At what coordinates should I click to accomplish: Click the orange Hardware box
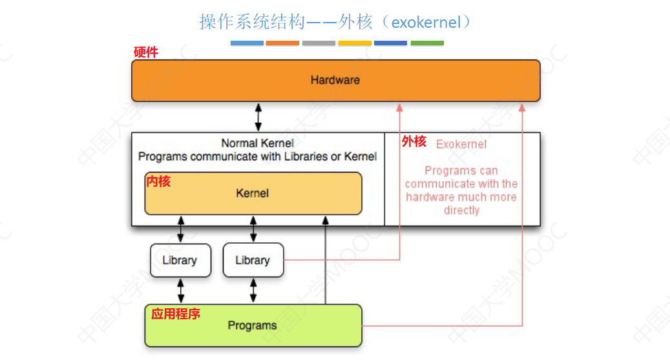pos(335,81)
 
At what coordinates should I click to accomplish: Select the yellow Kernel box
pos(253,193)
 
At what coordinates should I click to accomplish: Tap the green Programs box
pos(253,325)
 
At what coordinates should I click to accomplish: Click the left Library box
pos(180,260)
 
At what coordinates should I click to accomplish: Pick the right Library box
pos(253,260)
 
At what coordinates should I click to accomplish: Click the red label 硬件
pos(145,52)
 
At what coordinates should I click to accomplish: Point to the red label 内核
pos(158,182)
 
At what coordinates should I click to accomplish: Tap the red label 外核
pos(414,142)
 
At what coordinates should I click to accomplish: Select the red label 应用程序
pos(176,314)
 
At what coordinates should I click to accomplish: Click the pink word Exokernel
pos(461,144)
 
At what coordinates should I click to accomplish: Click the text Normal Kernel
pos(257,143)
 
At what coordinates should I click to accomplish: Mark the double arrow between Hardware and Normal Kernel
pos(258,117)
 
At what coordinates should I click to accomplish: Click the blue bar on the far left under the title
pos(247,43)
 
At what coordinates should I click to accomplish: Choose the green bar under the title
pos(427,43)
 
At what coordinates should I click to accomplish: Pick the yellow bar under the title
pos(355,43)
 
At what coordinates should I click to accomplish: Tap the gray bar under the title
pos(319,43)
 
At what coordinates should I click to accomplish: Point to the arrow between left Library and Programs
pos(180,290)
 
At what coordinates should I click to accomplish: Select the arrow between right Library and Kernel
pos(253,229)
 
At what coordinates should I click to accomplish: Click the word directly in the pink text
pos(461,210)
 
